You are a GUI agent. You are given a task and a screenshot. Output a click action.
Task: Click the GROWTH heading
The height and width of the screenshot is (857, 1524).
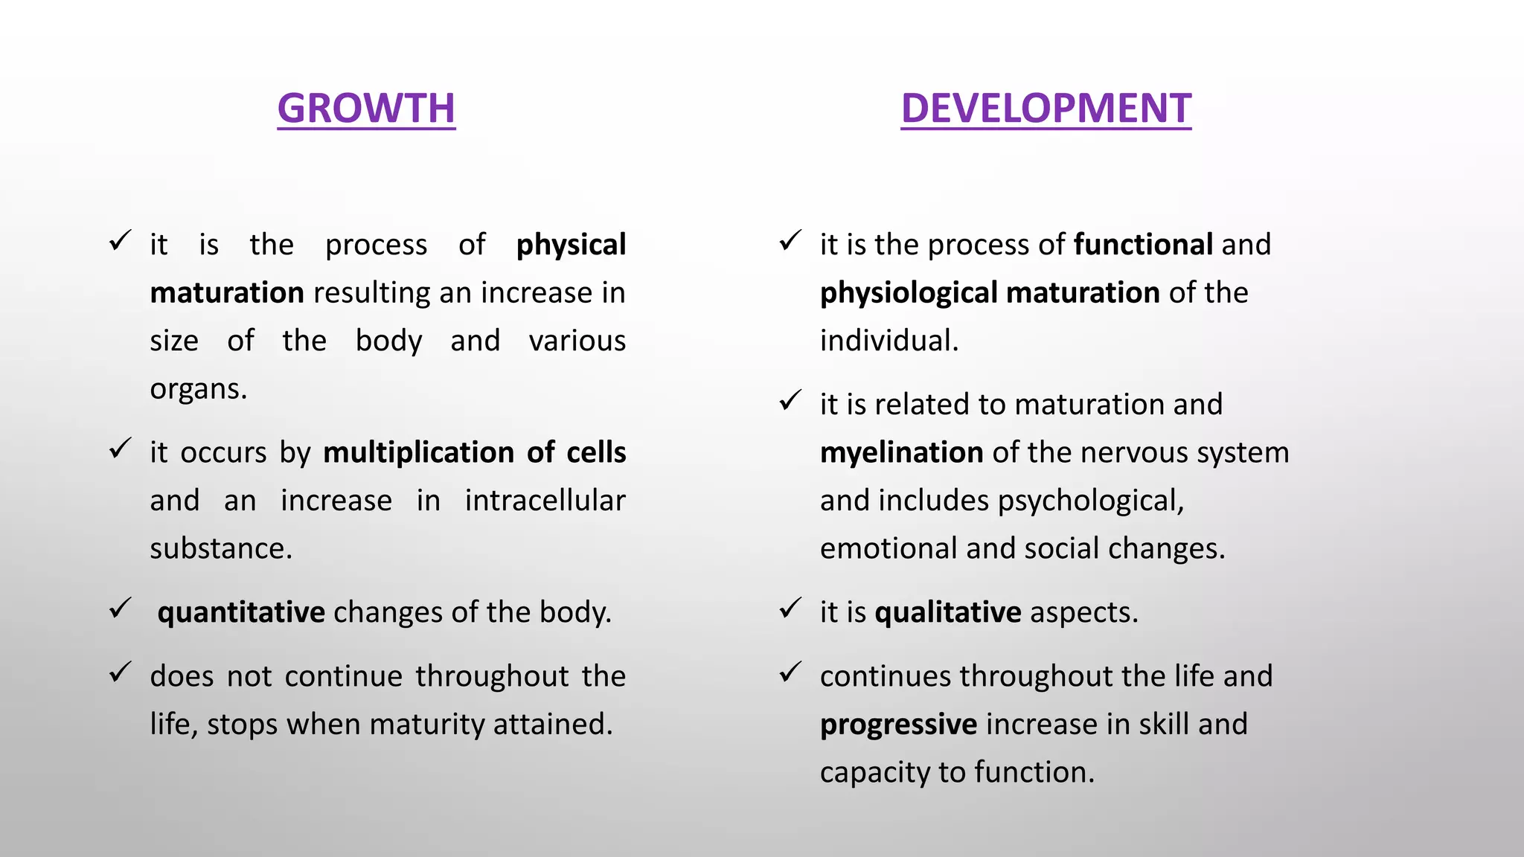[366, 109]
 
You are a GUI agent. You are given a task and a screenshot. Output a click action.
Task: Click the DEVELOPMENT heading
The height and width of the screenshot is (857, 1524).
[1046, 109]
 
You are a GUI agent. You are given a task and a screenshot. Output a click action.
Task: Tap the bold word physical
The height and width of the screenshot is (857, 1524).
[571, 245]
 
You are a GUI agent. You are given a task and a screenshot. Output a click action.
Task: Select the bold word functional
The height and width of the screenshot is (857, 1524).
[1143, 245]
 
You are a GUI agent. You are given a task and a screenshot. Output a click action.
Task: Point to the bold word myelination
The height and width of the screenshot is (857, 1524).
[901, 453]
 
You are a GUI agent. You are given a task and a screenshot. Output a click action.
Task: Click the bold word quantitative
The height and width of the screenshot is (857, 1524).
[241, 612]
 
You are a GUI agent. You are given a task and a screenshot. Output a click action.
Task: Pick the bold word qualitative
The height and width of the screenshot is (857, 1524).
[948, 612]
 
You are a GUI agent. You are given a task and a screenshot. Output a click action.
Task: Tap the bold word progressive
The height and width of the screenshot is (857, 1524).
[898, 725]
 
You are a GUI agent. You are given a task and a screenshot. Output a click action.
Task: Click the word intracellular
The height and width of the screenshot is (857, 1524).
[545, 501]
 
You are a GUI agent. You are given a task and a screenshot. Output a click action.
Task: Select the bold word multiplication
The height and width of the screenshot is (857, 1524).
[418, 452]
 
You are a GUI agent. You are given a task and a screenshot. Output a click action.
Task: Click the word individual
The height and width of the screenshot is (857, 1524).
[889, 341]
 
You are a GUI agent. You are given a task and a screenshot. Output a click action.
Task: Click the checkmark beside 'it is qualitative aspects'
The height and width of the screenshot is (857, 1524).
[790, 609]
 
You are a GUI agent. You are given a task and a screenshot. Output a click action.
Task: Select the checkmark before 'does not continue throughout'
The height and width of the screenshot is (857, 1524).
[120, 673]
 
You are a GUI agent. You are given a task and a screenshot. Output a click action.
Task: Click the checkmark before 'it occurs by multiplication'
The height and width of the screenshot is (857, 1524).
[120, 449]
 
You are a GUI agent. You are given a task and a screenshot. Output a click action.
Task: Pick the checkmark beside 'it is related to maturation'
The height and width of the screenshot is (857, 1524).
[790, 401]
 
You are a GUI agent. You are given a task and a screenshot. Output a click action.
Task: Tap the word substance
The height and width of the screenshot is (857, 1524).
[220, 549]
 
